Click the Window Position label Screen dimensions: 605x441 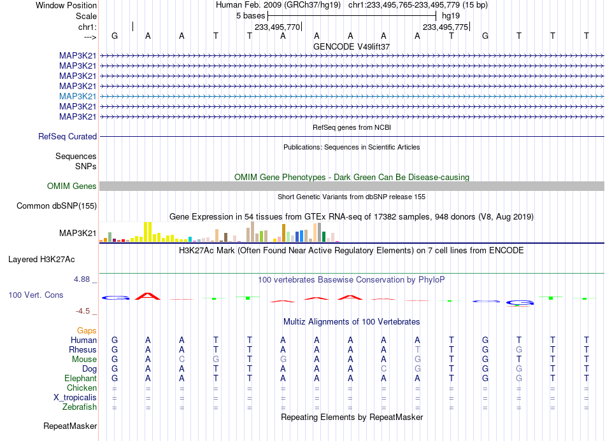[66, 5]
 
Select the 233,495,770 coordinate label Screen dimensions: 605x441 [277, 27]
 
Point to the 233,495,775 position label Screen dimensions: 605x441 [445, 27]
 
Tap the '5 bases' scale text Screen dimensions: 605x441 [251, 16]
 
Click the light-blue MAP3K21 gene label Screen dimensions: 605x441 [78, 96]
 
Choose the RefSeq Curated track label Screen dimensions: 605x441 [68, 136]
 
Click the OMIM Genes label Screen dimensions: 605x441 [72, 186]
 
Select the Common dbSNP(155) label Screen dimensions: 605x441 [57, 206]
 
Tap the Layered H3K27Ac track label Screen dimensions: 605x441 [41, 260]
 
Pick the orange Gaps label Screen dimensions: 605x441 [87, 331]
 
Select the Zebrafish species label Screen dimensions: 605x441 [80, 407]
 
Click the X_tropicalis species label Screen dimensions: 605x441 [75, 398]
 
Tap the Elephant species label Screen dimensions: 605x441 [80, 379]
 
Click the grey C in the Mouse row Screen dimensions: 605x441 [181, 360]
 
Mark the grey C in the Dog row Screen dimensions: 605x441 [383, 369]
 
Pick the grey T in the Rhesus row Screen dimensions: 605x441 [418, 349]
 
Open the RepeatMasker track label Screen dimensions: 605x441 [70, 426]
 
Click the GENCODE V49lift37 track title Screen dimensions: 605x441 [352, 46]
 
